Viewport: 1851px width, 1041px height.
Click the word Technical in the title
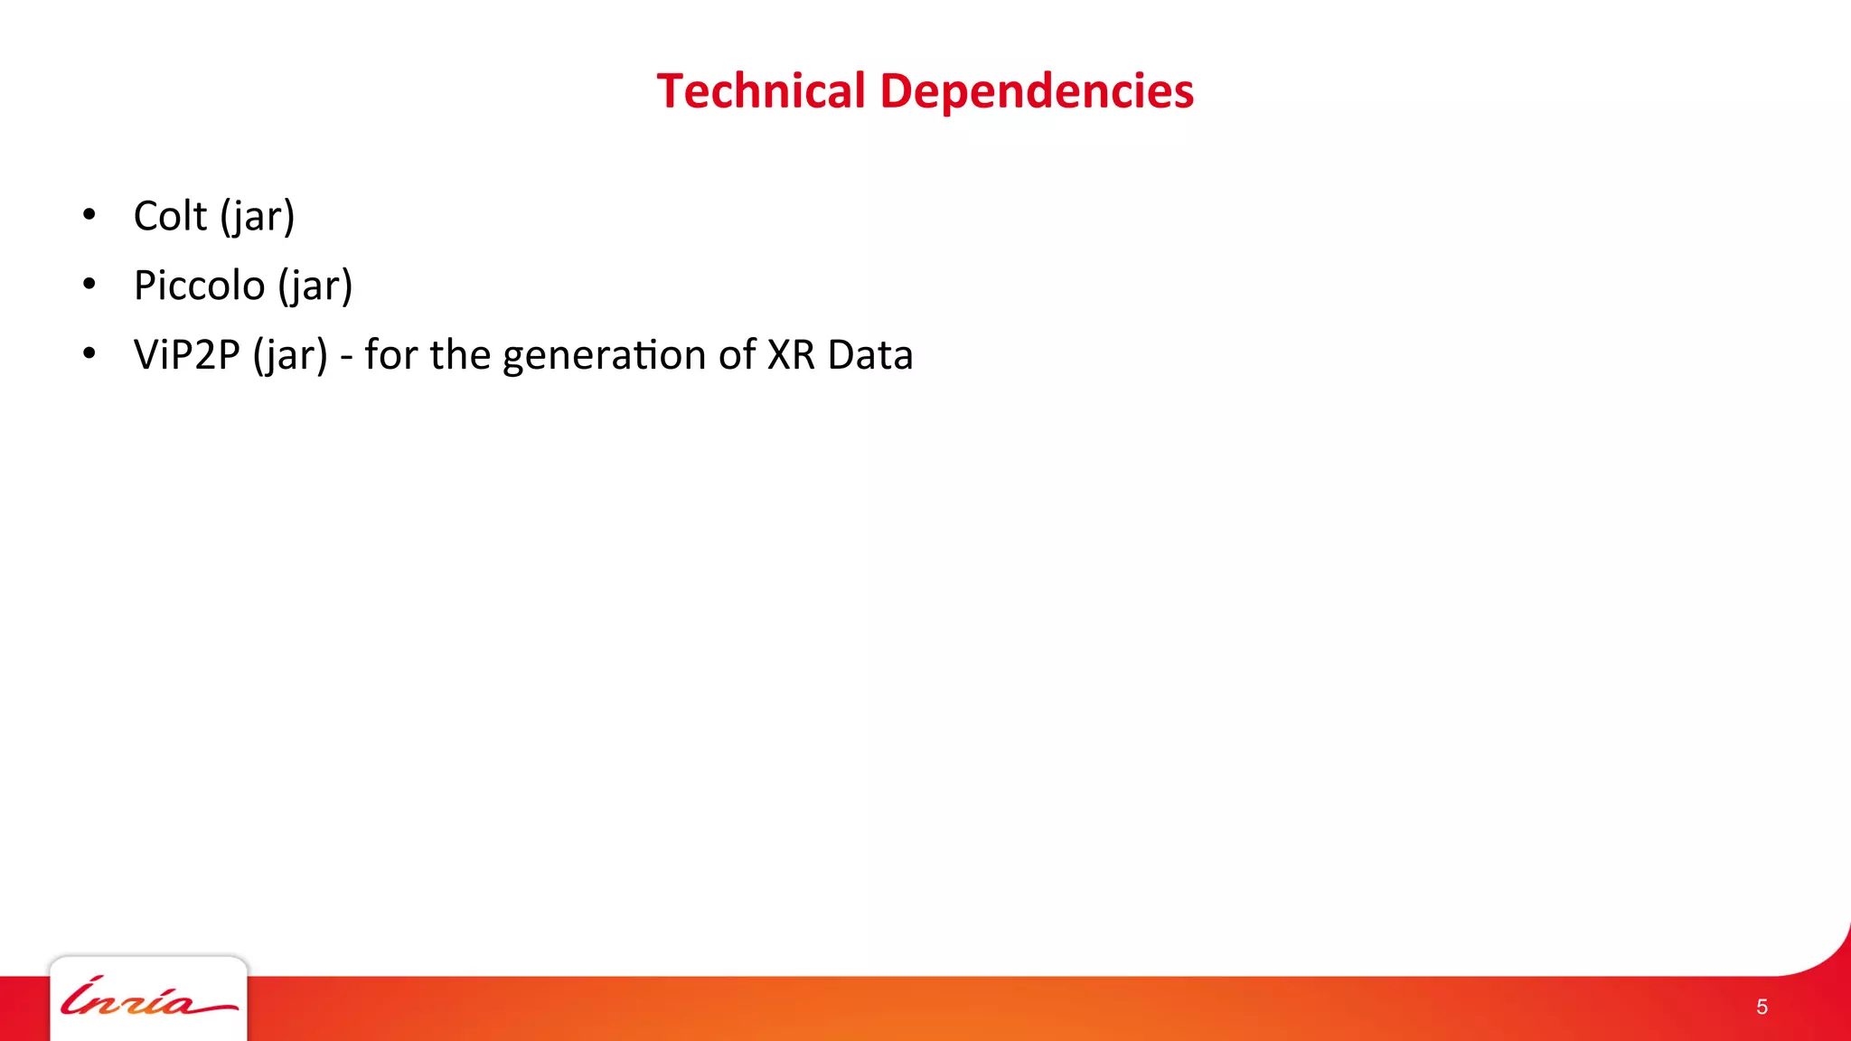pos(761,91)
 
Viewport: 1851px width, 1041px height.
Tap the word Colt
pos(170,216)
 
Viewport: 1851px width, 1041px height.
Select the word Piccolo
pos(199,286)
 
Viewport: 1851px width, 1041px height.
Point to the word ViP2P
pos(186,355)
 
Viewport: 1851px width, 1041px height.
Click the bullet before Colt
pos(89,215)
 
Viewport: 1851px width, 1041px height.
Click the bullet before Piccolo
pos(89,285)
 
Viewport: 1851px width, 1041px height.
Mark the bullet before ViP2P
pos(89,354)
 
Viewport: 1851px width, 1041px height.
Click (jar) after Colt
pos(258,217)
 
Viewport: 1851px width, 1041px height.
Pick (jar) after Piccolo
pos(315,286)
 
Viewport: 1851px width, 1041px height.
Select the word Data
pos(870,355)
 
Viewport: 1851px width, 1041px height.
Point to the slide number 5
pos(1762,1007)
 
